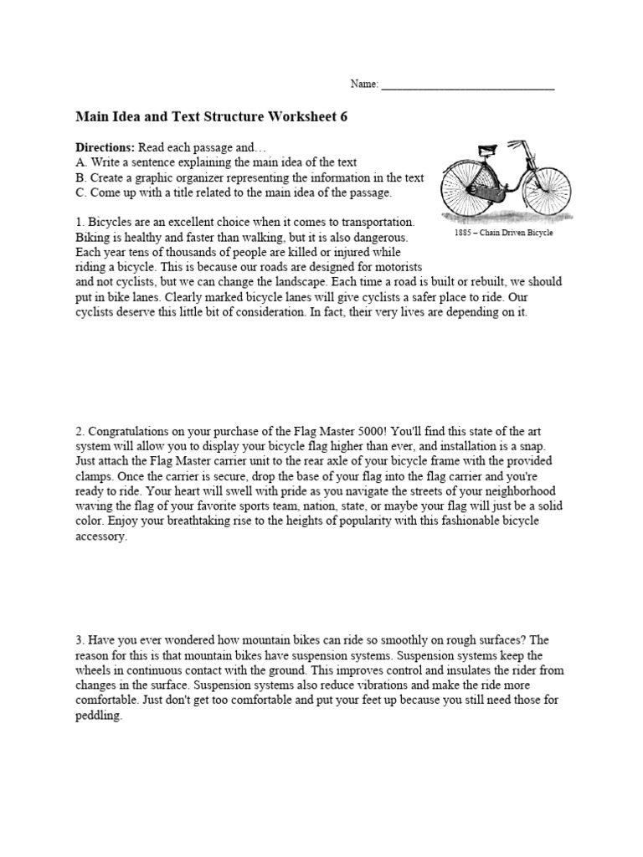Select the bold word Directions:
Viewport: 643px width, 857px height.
pos(105,146)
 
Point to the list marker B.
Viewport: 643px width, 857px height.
pos(80,177)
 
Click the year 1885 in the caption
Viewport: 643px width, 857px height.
pos(464,233)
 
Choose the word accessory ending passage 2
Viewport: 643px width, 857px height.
pos(102,537)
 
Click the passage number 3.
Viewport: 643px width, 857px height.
pos(80,640)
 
